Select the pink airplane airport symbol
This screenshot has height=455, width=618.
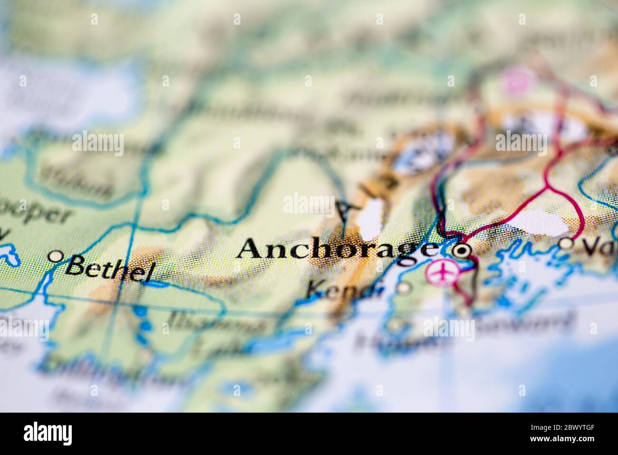point(442,272)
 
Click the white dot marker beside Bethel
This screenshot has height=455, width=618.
point(56,257)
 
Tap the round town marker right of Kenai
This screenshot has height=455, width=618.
point(404,287)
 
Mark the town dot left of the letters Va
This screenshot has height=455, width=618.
point(566,244)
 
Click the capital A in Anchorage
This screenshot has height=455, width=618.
point(252,248)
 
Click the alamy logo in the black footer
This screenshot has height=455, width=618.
point(48,434)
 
